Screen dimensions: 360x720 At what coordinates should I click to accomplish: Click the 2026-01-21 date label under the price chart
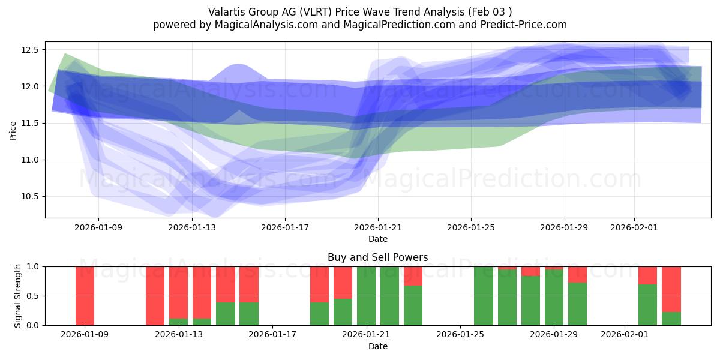378,227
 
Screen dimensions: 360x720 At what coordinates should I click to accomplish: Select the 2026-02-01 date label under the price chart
634,227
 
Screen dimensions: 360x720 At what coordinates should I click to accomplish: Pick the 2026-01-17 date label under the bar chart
273,335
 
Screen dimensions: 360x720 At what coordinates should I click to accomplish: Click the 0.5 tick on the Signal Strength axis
33,296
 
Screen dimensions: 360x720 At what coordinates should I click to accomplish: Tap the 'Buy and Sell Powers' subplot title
377,257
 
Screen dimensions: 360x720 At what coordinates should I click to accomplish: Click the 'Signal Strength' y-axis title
18,296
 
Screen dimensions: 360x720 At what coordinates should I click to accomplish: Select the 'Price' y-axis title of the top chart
13,130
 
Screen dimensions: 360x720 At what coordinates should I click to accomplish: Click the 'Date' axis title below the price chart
377,239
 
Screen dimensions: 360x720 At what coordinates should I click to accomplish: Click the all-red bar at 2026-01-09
85,296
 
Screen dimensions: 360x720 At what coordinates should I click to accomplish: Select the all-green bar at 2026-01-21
366,296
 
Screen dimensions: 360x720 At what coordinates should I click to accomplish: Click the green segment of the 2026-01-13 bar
178,322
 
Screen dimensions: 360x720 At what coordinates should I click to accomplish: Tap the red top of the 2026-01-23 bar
413,275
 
